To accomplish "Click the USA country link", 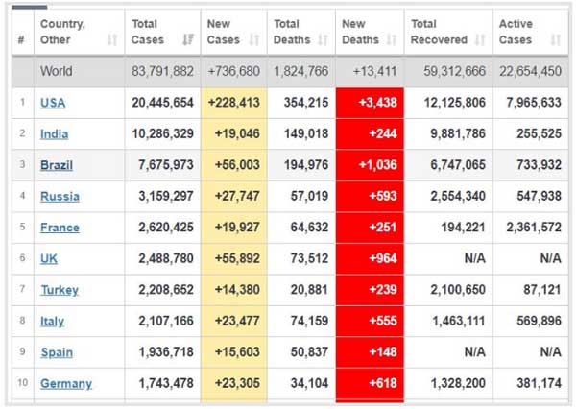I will click(x=53, y=103).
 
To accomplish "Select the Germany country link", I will click(x=66, y=383).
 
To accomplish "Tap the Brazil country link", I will click(x=57, y=165).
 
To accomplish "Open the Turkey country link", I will click(x=60, y=290).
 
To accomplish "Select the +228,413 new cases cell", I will click(x=234, y=103).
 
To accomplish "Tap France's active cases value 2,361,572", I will click(x=525, y=228).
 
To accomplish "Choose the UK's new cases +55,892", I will click(x=234, y=258).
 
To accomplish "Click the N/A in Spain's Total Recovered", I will click(x=474, y=352).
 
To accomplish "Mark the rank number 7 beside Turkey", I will click(x=21, y=290).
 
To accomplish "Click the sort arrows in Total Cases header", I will click(x=187, y=40).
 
